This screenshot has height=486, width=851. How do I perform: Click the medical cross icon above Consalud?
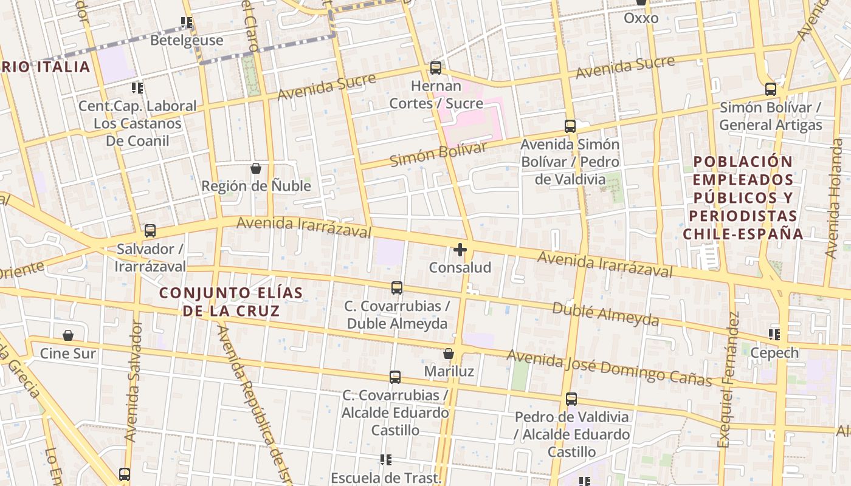click(x=460, y=249)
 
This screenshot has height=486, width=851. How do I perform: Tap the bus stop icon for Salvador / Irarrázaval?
click(x=150, y=231)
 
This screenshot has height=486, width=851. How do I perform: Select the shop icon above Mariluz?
click(x=449, y=354)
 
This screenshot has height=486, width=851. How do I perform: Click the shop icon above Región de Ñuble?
click(x=256, y=168)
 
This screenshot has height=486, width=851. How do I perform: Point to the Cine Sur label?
click(x=68, y=353)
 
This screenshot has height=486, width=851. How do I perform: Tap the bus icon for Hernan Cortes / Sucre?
click(x=436, y=68)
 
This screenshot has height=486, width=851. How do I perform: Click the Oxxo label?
click(x=641, y=18)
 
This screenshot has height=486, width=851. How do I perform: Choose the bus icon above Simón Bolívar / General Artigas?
click(x=771, y=89)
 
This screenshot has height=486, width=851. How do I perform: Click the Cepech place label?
click(x=774, y=352)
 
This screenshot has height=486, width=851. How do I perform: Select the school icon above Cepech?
click(x=774, y=334)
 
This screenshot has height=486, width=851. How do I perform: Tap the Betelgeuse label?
click(x=187, y=40)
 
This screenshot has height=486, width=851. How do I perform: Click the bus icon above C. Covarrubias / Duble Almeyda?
click(x=397, y=288)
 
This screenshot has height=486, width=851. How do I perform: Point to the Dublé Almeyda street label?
click(x=605, y=313)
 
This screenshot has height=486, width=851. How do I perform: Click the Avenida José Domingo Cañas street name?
click(x=609, y=368)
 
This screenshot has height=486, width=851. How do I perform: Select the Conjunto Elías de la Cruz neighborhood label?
click(x=231, y=302)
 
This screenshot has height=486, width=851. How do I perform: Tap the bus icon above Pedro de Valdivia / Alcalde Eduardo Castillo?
click(x=571, y=399)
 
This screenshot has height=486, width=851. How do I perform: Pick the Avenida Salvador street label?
click(x=133, y=381)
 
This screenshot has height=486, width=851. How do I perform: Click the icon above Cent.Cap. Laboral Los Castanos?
click(x=137, y=88)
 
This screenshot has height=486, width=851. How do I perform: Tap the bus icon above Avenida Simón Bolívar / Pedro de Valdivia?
click(x=570, y=126)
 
